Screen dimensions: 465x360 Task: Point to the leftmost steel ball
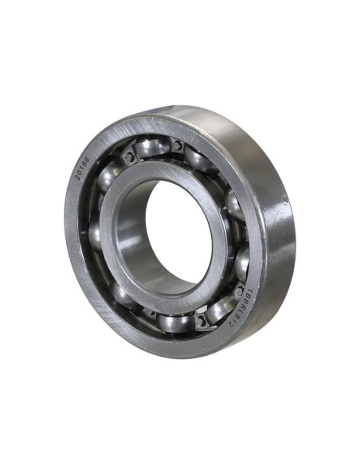click(x=95, y=234)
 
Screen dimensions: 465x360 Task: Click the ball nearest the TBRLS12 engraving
click(x=224, y=307)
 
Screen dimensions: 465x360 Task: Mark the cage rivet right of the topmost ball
click(x=176, y=146)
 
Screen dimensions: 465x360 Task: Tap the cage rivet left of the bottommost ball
click(x=148, y=313)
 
